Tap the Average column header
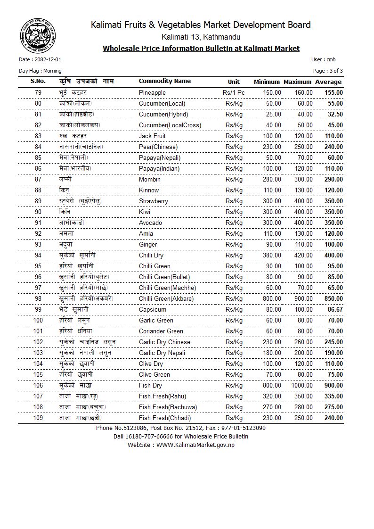[328, 82]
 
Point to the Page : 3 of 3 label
[328, 71]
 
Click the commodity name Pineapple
[152, 92]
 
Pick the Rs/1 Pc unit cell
[234, 92]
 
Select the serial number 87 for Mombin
[38, 179]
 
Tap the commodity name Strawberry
[154, 201]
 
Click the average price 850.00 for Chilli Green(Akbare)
[333, 298]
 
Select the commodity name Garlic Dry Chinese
[164, 342]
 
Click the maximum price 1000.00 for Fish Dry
[301, 385]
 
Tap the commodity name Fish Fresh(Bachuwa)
[168, 407]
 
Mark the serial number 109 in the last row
[38, 418]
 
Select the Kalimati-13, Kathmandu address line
[201, 37]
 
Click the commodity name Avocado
[150, 223]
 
